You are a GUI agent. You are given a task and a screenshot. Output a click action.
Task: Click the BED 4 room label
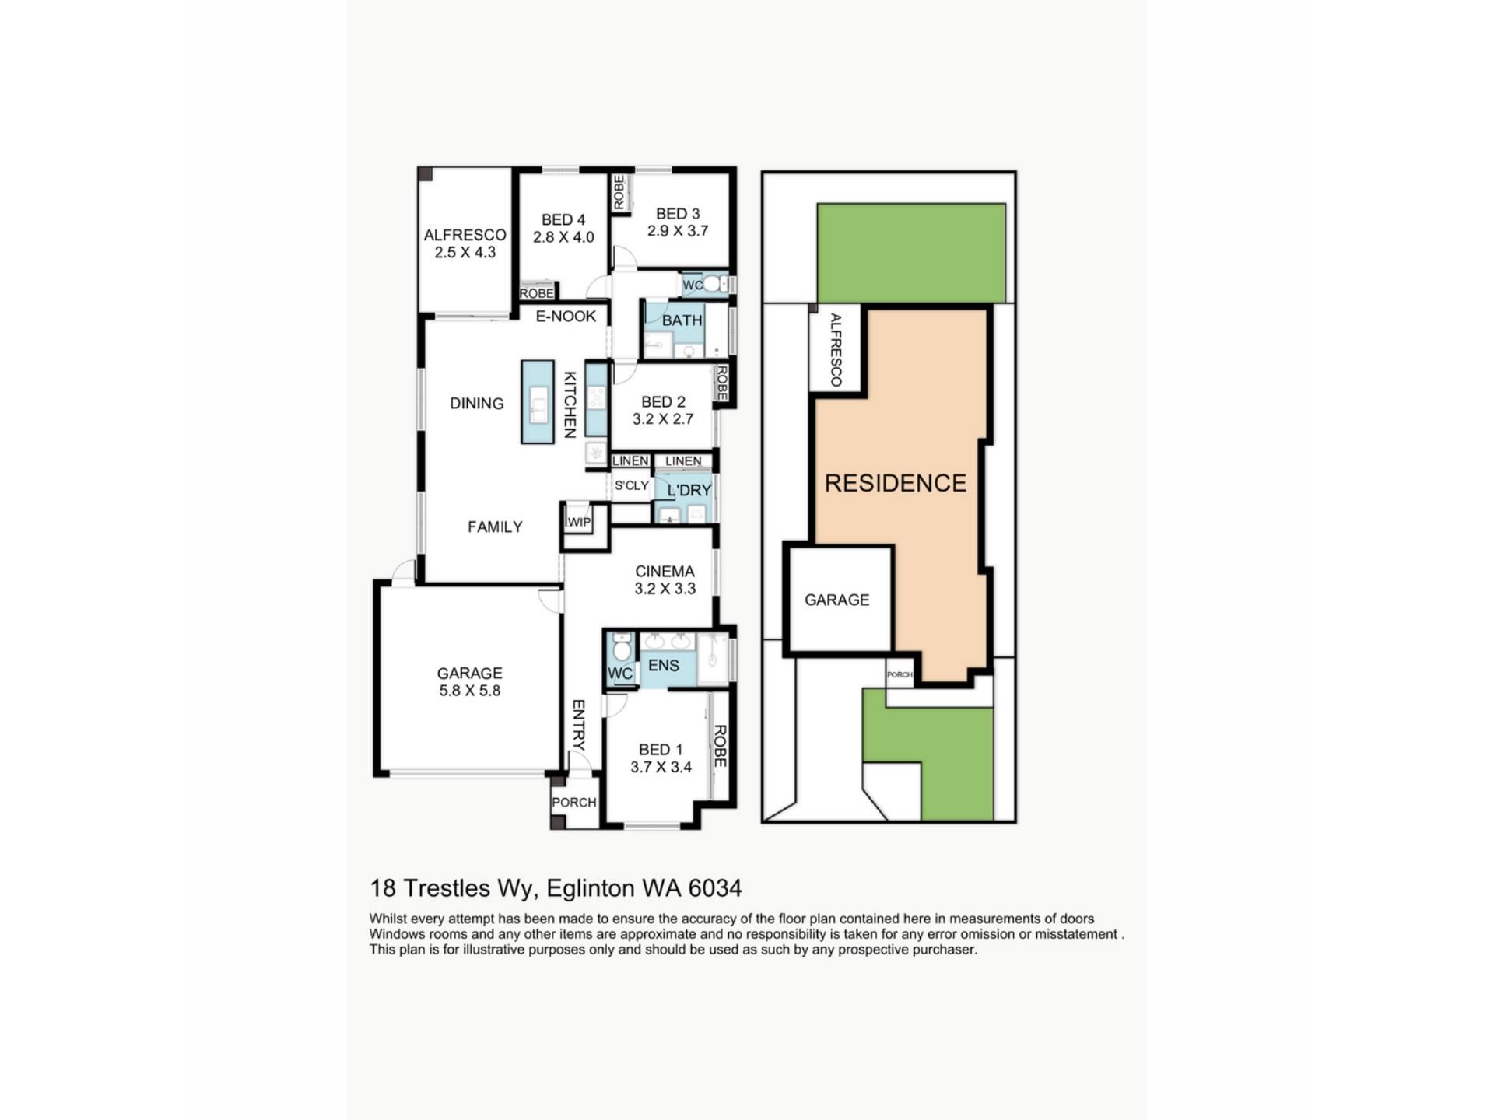point(563,220)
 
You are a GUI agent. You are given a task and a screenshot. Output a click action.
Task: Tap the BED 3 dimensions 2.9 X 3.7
point(678,231)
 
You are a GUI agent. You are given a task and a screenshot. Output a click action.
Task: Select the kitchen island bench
point(538,402)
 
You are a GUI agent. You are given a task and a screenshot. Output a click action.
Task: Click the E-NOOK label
point(566,316)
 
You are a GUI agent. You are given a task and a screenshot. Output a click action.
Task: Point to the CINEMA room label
point(665,572)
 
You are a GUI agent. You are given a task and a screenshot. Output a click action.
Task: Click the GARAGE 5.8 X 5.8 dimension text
point(470,691)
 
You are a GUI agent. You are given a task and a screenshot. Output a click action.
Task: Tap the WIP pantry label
point(579,522)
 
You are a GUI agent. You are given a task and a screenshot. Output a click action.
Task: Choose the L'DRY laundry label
point(689,491)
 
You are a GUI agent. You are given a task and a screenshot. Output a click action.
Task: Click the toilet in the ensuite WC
point(622,648)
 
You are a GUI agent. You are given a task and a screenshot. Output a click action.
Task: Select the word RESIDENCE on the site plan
point(896,483)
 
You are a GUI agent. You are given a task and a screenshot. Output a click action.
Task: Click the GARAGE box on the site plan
point(838,599)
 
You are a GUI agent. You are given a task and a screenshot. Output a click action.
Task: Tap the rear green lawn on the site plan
point(911,253)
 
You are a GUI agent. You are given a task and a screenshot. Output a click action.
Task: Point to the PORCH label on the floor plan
point(574,803)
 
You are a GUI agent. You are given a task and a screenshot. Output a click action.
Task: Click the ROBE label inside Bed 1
point(720,747)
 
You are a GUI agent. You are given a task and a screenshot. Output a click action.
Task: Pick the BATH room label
point(682,320)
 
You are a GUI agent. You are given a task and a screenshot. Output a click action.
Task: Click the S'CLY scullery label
point(632,485)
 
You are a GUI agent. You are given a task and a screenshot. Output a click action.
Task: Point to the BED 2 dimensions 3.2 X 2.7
point(663,419)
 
